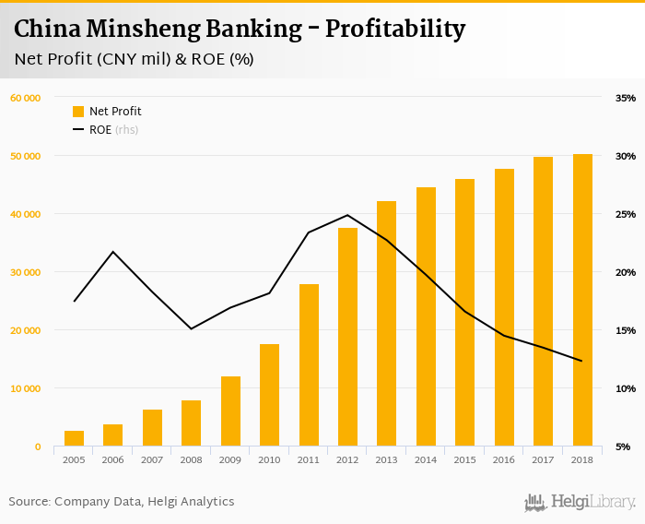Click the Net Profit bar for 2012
tap(347, 337)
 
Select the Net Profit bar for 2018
tap(582, 300)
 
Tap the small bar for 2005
tap(74, 438)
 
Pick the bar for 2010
tap(269, 395)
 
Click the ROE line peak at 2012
tap(347, 215)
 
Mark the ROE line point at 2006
tap(112, 252)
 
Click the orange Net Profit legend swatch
tap(78, 112)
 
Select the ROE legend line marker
tap(78, 130)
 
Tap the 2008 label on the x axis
tap(191, 458)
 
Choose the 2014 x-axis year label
tap(426, 458)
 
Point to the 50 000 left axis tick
tap(26, 156)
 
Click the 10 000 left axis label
tap(26, 388)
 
